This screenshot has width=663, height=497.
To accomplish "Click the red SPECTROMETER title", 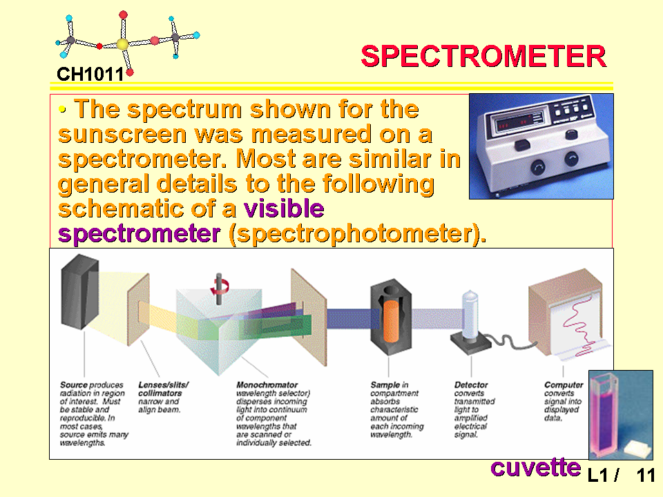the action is pyautogui.click(x=483, y=56).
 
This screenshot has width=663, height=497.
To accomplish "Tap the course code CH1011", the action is pyautogui.click(x=90, y=75).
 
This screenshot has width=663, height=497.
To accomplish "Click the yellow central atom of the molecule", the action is pyautogui.click(x=122, y=44).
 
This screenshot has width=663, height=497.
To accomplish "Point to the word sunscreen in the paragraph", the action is pyautogui.click(x=122, y=135).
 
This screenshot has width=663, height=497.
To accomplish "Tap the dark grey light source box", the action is pyautogui.click(x=80, y=291).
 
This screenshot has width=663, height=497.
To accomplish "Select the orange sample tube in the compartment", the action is pyautogui.click(x=391, y=321).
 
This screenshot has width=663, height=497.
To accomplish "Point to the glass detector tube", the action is pyautogui.click(x=470, y=314).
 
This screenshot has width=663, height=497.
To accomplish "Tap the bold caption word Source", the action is pyautogui.click(x=74, y=385).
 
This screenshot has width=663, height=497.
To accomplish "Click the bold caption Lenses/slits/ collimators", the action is pyautogui.click(x=163, y=389).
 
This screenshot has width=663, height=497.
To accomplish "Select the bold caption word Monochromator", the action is pyautogui.click(x=267, y=385).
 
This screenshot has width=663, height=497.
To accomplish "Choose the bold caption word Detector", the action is pyautogui.click(x=470, y=385).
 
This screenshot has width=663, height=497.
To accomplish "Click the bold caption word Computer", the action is pyautogui.click(x=564, y=385).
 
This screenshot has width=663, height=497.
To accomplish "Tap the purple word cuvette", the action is pyautogui.click(x=535, y=468).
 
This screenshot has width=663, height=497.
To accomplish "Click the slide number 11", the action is pyautogui.click(x=646, y=476).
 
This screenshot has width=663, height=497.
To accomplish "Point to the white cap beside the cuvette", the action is pyautogui.click(x=637, y=449).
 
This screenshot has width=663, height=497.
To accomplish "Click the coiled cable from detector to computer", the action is pyautogui.click(x=508, y=340).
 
